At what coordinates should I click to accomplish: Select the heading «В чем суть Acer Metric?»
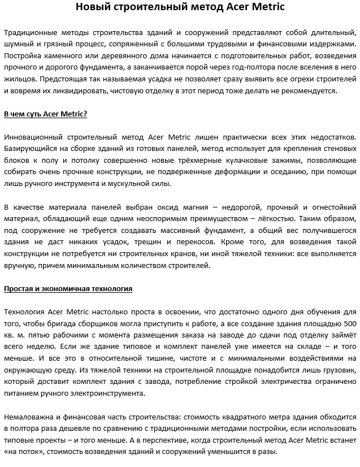pyautogui.click(x=45, y=114)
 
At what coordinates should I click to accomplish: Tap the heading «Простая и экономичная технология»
pyautogui.click(x=68, y=289)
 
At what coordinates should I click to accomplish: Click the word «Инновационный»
pyautogui.click(x=32, y=137)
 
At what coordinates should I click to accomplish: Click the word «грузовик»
pyautogui.click(x=339, y=370)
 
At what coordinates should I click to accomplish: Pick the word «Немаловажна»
pyautogui.click(x=28, y=417)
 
